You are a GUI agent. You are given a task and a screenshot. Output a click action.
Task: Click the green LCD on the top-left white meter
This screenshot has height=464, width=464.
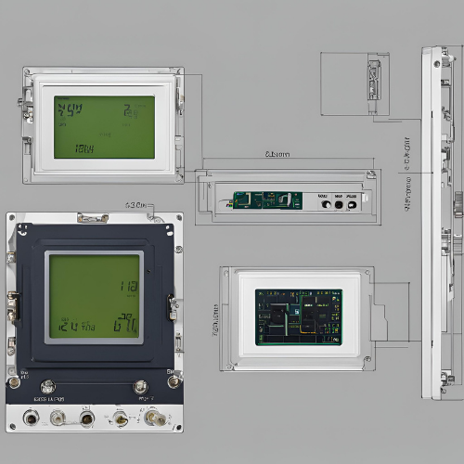coord(104,127)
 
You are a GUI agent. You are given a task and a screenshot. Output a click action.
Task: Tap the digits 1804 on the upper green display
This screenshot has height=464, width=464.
coord(84,148)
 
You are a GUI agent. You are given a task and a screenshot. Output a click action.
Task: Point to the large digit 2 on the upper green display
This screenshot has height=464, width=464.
coord(127,112)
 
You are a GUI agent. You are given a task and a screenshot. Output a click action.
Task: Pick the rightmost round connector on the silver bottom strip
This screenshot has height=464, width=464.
coord(155,419)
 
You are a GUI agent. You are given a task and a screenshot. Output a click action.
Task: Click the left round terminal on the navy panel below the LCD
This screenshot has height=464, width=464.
coord(48,386)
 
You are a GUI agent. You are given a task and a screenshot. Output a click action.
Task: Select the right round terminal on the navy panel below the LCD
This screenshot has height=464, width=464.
coord(140,386)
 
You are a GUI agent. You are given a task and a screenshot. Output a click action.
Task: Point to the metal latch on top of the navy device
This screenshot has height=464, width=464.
coord(93,219)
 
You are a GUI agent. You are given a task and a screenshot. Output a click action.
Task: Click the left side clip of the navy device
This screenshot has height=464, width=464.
coord(13,303)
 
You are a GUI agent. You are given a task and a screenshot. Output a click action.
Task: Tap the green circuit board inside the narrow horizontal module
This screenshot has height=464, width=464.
coord(267,200)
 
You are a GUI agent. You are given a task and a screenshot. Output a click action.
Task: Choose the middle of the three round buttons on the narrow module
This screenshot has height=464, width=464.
coord(338,204)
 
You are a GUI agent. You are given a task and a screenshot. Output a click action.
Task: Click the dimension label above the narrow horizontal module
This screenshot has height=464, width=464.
coord(277,154)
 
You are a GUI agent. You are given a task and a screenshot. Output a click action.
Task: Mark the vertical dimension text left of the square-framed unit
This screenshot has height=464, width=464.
coord(214,319)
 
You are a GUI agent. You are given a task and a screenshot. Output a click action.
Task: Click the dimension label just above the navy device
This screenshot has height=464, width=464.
coord(135,203)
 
